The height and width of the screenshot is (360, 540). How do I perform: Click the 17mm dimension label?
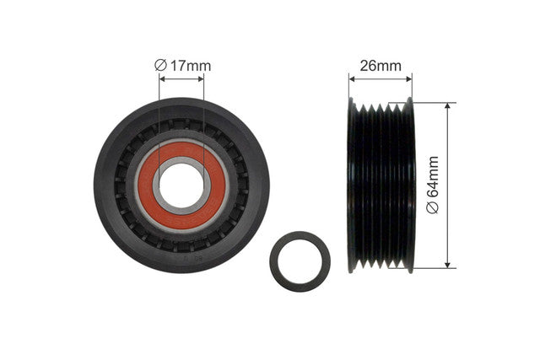tap(191, 66)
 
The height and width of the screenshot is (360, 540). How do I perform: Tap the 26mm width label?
tap(381, 66)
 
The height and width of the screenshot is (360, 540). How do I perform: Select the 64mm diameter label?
tap(433, 177)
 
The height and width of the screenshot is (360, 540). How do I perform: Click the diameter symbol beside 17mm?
tap(160, 65)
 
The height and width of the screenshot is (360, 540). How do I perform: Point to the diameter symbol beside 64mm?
tap(433, 207)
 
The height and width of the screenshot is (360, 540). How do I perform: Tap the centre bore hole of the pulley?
tap(181, 185)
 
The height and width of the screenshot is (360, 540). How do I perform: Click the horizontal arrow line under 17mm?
tap(181, 79)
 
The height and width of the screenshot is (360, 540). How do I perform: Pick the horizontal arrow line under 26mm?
tap(381, 79)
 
